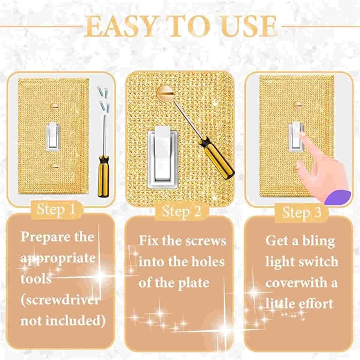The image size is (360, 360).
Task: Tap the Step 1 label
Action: click(x=56, y=210)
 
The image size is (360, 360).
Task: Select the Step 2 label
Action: click(x=181, y=211)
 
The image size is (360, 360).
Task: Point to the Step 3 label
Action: click(x=302, y=212)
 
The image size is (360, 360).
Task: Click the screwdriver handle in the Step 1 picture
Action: click(x=103, y=176)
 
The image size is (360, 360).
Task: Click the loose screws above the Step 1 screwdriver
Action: click(x=103, y=98)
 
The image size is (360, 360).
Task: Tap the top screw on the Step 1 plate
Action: click(x=54, y=106)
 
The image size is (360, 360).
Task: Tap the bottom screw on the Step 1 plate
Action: click(x=54, y=167)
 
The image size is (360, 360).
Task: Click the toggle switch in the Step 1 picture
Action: click(x=53, y=136)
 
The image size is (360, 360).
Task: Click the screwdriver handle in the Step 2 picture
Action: click(x=217, y=157)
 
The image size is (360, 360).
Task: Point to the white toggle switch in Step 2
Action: click(x=162, y=157)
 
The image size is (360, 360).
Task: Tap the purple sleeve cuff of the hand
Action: click(x=337, y=198)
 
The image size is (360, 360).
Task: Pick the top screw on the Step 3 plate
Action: click(x=297, y=105)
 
